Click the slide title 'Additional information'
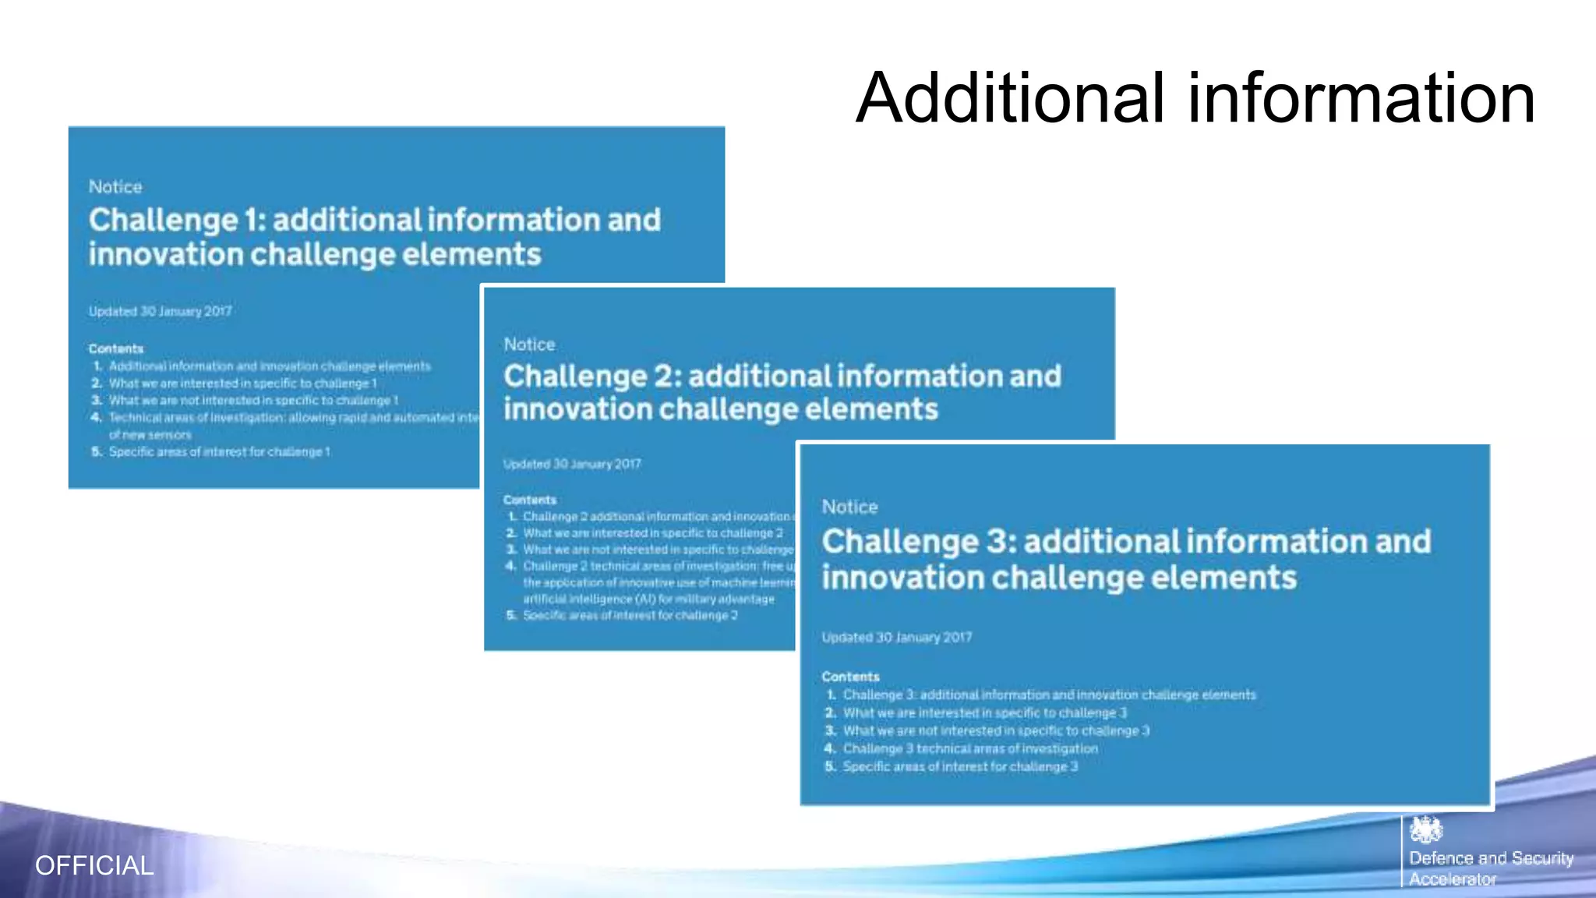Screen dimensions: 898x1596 click(x=1195, y=98)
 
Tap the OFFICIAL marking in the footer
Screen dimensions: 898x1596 click(x=94, y=865)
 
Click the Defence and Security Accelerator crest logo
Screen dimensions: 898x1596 click(x=1425, y=830)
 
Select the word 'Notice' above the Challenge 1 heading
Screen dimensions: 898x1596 click(x=115, y=187)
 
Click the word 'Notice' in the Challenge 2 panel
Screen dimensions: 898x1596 click(x=529, y=345)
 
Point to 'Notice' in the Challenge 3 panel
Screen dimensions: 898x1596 click(x=849, y=507)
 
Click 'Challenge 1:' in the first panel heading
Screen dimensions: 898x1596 click(x=177, y=221)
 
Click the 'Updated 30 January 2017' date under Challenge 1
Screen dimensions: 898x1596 click(x=160, y=311)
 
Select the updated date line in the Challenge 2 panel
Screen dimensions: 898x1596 click(x=572, y=464)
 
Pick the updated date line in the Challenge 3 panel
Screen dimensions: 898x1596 click(x=896, y=638)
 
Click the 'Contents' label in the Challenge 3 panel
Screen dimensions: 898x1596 click(x=850, y=677)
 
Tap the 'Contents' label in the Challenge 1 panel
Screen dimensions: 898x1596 click(x=116, y=348)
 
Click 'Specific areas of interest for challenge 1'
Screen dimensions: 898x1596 click(x=219, y=452)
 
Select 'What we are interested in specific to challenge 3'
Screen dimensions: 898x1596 click(x=984, y=713)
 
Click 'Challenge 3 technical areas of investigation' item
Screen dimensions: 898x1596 click(x=970, y=749)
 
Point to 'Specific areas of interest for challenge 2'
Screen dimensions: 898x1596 click(x=630, y=616)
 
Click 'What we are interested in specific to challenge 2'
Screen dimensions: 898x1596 click(x=652, y=533)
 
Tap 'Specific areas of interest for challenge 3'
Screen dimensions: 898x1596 click(x=960, y=767)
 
